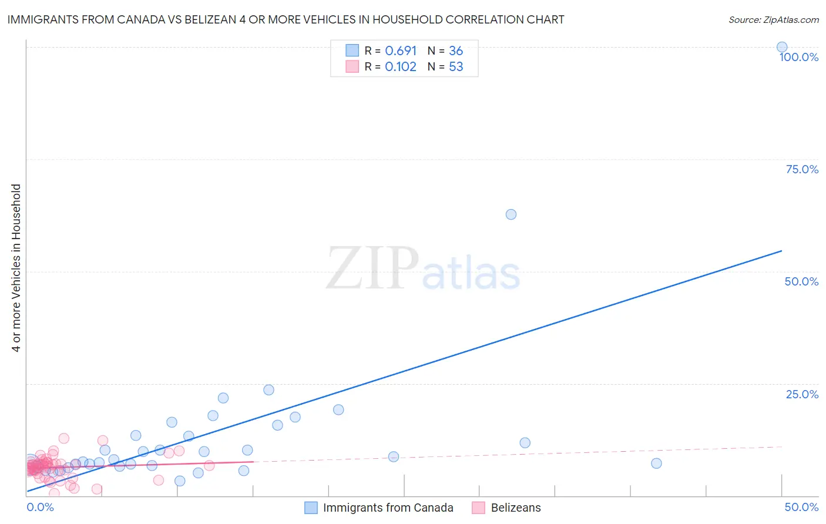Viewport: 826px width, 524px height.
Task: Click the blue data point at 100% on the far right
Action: tap(781, 47)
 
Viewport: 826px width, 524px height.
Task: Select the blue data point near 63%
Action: tap(511, 214)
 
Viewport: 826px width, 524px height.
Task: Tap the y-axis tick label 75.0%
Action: tap(801, 169)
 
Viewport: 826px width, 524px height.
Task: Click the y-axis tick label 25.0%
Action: tap(801, 394)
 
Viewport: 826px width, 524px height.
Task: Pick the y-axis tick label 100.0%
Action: tap(798, 57)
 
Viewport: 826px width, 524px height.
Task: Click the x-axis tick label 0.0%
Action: tap(40, 507)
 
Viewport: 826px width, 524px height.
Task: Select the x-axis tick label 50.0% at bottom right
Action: tap(801, 507)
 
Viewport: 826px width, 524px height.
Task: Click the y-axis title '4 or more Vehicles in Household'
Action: tap(16, 268)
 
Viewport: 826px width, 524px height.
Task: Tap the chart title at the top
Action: tap(286, 19)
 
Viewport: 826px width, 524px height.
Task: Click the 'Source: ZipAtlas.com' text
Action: tap(773, 19)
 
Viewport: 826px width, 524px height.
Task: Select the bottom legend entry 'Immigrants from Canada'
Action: tap(388, 508)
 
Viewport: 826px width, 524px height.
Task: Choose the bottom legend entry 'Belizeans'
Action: tap(515, 508)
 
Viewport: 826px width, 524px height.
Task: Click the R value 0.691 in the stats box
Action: tap(401, 51)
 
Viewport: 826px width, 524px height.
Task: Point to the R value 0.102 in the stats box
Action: tap(401, 67)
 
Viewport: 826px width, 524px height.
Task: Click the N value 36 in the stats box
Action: tap(456, 51)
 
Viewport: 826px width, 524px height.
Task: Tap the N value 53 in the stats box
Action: tap(456, 67)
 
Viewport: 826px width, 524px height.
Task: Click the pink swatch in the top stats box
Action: tap(352, 66)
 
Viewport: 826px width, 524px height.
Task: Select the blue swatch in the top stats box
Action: tap(352, 51)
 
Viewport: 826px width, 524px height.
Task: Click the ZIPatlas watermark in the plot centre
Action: tap(423, 269)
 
